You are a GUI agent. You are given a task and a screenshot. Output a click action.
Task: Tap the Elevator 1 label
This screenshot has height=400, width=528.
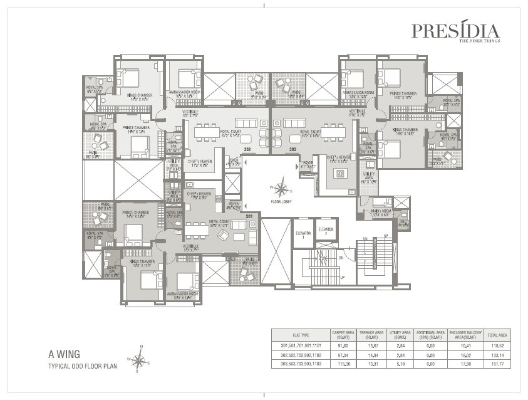[303, 233]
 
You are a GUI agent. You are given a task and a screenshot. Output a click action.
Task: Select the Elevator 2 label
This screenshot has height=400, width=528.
[326, 231]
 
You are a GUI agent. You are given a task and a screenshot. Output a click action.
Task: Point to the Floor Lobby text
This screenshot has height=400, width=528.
[283, 202]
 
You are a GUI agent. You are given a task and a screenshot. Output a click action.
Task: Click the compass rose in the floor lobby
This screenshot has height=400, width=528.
[283, 187]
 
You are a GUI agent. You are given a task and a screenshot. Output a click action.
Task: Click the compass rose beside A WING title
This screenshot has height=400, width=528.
[140, 360]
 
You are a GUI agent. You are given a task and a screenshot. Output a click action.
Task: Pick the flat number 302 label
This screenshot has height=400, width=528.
[247, 150]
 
